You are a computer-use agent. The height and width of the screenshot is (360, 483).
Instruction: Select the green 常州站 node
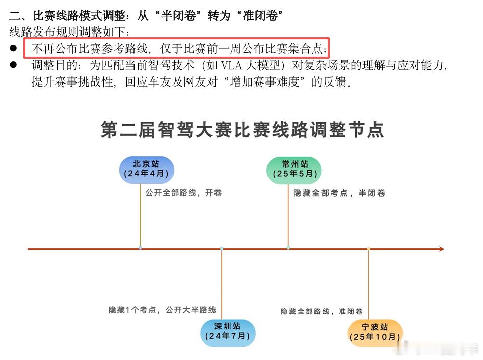click(x=294, y=170)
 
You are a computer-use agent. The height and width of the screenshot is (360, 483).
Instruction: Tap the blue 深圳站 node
click(x=228, y=333)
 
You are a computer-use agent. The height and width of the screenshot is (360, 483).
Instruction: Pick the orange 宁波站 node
click(x=375, y=333)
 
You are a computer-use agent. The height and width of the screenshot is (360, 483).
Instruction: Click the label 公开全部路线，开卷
click(x=183, y=193)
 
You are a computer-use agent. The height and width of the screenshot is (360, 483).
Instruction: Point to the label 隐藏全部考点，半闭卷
click(x=339, y=193)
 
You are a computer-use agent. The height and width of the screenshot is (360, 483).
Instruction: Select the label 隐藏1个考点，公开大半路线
click(x=162, y=309)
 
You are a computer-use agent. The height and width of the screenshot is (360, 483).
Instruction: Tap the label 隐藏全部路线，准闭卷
click(x=321, y=311)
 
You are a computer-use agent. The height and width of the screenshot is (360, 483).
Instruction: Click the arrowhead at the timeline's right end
click(x=441, y=249)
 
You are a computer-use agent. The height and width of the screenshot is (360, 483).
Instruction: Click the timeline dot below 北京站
click(x=141, y=248)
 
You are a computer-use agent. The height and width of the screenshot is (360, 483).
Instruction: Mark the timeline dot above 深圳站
click(x=222, y=248)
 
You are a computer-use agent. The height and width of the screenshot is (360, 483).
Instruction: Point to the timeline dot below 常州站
click(x=288, y=248)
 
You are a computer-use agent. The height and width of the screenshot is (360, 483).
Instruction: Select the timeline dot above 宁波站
click(x=369, y=248)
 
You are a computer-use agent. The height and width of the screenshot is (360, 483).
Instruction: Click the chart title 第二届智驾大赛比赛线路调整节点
click(x=242, y=130)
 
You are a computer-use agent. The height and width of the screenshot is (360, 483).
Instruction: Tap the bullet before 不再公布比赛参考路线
click(x=14, y=48)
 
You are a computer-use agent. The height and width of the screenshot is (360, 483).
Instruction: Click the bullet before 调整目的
click(x=14, y=65)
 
